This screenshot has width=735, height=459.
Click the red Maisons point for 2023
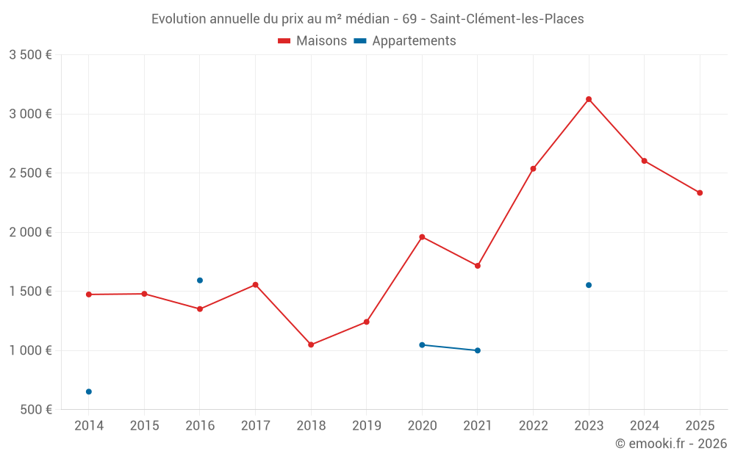click(589, 99)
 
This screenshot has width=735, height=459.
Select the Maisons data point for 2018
click(311, 344)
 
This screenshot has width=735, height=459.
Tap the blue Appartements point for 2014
click(89, 391)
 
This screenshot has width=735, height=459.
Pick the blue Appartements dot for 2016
click(200, 281)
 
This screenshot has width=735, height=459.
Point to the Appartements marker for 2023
click(589, 285)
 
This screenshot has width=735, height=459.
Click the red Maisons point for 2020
click(422, 237)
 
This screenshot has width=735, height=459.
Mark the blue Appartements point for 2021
click(478, 350)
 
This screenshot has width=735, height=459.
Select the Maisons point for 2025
click(700, 193)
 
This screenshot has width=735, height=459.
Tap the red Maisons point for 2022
click(533, 169)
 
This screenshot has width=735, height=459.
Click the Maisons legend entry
click(312, 41)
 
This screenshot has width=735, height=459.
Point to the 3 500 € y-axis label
click(30, 55)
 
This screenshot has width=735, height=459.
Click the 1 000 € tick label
click(30, 350)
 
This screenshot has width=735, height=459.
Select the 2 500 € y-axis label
click(30, 173)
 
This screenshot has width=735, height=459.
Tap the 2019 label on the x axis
click(367, 425)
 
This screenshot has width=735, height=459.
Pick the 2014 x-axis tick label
click(89, 425)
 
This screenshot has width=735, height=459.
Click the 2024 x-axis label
click(645, 425)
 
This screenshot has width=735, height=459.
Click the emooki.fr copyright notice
click(670, 444)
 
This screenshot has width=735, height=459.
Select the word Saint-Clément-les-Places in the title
click(507, 19)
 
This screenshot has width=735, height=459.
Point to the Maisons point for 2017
click(256, 285)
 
